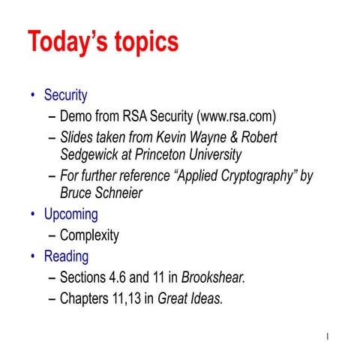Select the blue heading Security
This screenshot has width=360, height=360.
[x=65, y=95]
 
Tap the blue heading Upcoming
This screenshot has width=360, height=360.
[x=70, y=214]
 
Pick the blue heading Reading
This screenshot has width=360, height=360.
[x=66, y=256]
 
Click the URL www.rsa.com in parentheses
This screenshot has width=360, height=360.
[x=236, y=117]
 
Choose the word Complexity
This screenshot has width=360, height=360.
[x=89, y=235]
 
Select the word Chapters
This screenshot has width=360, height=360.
[x=85, y=299]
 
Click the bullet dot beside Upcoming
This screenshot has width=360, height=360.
[x=33, y=214]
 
